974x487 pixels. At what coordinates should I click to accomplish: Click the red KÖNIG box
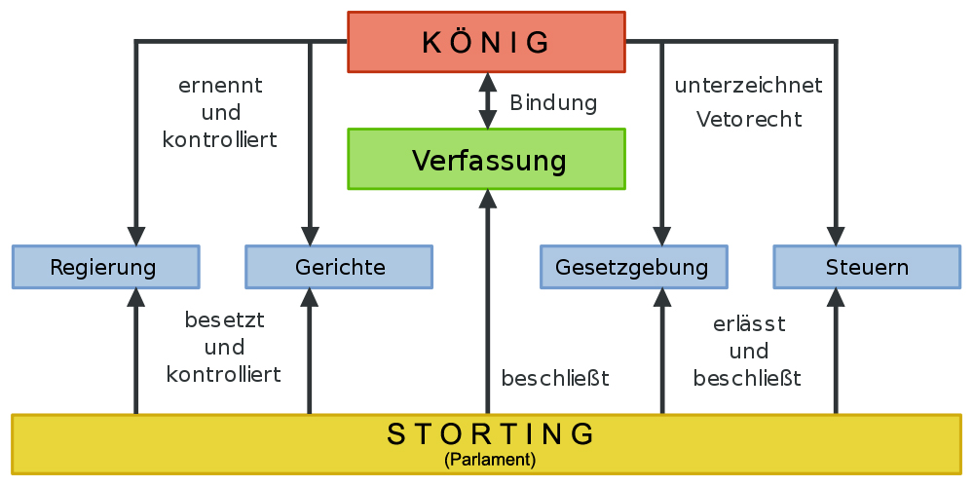[x=486, y=42]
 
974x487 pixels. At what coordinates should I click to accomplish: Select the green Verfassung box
[x=486, y=159]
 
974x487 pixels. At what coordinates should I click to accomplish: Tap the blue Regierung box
[x=105, y=267]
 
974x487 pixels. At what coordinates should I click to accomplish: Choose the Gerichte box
[x=339, y=267]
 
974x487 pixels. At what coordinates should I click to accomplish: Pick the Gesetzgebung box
[x=634, y=267]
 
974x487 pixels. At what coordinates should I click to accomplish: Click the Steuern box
[x=867, y=267]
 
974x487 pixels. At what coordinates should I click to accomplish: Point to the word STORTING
[x=491, y=434]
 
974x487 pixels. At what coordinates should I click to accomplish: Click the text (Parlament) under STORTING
[x=490, y=461]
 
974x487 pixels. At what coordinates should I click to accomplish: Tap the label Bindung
[x=553, y=103]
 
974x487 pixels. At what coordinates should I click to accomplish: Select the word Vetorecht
[x=749, y=119]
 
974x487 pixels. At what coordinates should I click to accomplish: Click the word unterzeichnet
[x=748, y=86]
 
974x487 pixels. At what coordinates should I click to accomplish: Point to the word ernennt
[x=220, y=86]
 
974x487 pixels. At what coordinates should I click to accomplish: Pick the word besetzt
[x=225, y=320]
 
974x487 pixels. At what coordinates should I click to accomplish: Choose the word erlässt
[x=749, y=323]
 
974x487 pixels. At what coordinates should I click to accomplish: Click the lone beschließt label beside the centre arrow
[x=555, y=378]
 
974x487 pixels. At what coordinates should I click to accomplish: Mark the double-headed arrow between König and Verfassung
[x=488, y=100]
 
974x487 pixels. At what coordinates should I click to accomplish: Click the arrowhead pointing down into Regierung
[x=135, y=236]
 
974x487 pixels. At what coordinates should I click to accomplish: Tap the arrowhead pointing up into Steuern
[x=836, y=297]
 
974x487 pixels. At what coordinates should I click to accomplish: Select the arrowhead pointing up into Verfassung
[x=488, y=199]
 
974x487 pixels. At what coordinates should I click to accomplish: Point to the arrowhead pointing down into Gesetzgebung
[x=662, y=236]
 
